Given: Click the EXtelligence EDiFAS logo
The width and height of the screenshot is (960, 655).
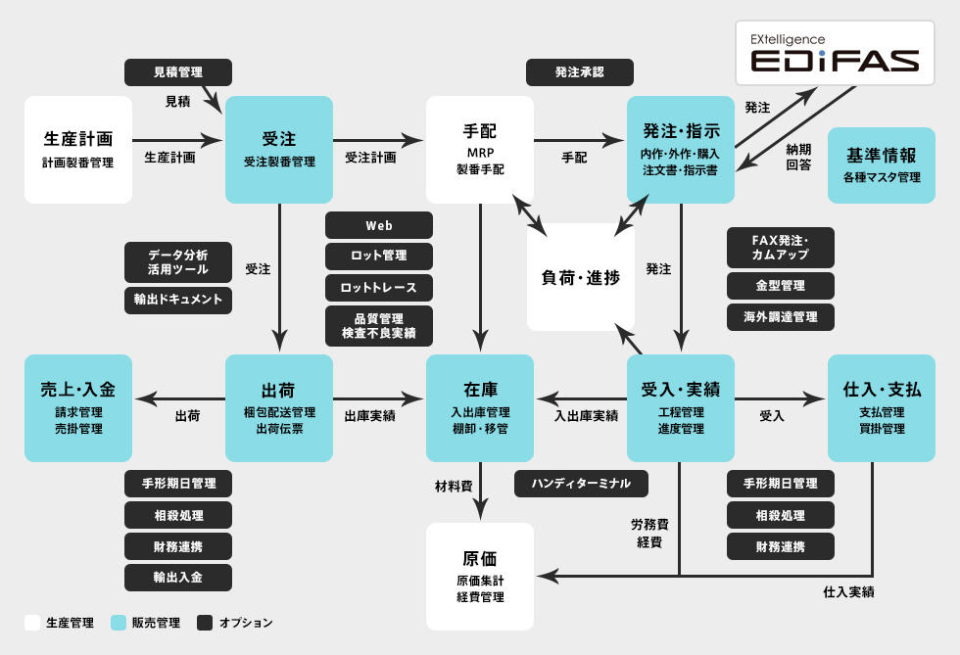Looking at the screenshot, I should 836,52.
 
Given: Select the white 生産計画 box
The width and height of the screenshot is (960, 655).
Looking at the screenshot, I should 78,149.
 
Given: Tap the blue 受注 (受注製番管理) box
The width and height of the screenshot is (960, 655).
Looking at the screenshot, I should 279,149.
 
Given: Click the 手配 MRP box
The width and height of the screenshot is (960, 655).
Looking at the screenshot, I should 480,149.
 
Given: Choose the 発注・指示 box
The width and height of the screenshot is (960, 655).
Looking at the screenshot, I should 681,149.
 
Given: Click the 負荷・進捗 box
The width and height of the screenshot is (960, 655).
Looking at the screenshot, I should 581,277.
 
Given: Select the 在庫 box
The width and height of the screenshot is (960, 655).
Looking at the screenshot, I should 480,407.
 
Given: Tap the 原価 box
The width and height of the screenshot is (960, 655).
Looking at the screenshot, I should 480,576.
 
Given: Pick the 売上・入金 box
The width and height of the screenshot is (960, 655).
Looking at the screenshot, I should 78,407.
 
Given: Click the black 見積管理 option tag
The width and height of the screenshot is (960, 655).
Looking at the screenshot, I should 178,72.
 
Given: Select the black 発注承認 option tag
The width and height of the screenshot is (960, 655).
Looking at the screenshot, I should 580,72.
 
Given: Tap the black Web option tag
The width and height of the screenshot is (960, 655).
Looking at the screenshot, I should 379,225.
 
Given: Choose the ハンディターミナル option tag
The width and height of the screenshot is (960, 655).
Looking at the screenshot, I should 581,483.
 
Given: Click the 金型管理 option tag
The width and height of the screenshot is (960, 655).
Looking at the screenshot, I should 781,286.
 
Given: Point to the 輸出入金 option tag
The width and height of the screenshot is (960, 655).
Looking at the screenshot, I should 178,577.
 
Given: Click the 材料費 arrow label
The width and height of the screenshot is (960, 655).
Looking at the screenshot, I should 454,486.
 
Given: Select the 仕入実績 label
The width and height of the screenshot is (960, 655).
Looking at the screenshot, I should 848,592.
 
